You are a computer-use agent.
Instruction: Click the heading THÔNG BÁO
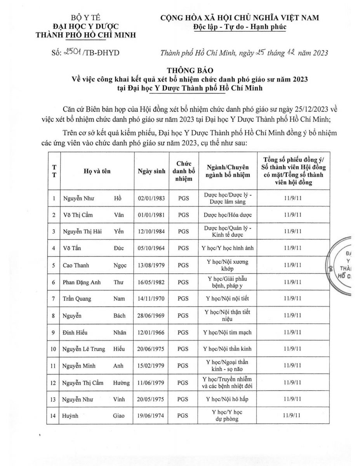pos(185,70)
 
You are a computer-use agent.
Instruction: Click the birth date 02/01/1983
pos(151,198)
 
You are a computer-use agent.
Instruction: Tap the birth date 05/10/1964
pos(151,248)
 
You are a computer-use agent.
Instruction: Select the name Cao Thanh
pos(76,265)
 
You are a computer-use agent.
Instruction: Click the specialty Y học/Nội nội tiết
pos(225,298)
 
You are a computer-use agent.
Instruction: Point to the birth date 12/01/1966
pos(151,332)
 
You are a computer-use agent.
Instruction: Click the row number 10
pos(54,349)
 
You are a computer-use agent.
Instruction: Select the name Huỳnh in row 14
pos(70,416)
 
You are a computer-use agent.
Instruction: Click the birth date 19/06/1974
pos(151,416)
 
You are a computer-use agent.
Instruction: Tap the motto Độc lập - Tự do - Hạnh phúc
pos(239,27)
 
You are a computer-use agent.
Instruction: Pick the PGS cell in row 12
pos(183,383)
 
